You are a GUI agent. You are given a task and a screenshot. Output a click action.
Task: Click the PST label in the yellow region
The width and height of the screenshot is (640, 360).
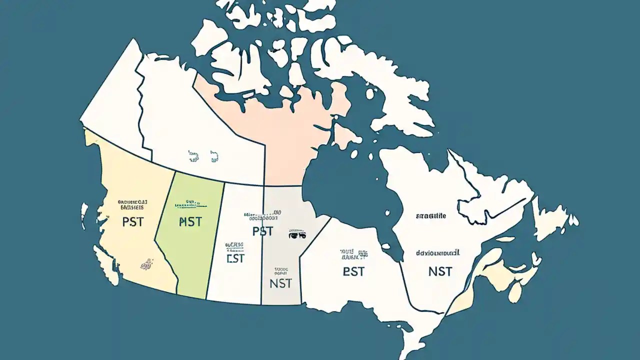pos(132,221)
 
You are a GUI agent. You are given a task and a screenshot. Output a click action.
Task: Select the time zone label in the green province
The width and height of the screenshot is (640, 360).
pos(190,221)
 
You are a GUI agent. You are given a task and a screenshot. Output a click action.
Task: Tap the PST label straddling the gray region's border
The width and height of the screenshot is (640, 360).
pos(262,231)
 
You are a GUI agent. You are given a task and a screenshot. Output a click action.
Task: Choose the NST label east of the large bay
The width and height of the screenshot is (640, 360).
pos(440,271)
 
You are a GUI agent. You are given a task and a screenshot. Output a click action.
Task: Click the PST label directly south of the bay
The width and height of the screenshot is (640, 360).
pos(354,271)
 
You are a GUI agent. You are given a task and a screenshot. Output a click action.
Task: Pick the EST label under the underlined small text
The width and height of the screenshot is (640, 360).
pos(235,258)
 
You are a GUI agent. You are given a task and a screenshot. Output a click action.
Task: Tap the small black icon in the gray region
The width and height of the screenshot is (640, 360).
pos(296,233)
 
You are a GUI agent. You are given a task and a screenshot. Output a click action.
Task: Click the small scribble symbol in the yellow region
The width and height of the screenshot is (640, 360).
pos(148,262)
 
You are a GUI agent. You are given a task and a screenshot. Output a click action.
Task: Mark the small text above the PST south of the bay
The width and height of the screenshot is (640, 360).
pos(353,255)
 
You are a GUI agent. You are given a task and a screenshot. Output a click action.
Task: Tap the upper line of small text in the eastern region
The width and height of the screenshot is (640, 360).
pos(431,216)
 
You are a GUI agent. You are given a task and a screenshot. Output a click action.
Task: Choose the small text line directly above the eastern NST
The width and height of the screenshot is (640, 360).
pos(438,253)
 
